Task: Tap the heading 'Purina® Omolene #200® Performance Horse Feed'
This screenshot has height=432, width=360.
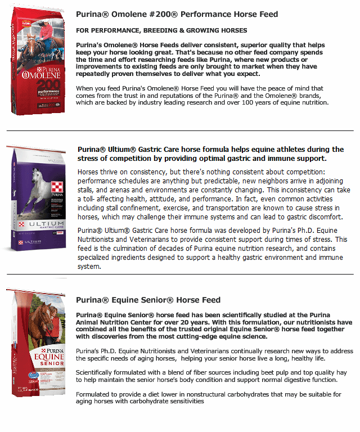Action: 177,14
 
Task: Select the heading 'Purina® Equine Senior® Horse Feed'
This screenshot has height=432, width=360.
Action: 148,300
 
